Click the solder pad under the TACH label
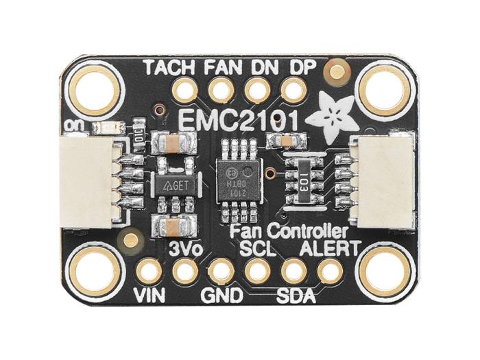tap(184, 91)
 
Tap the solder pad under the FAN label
tap(221, 91)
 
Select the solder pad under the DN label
tap(257, 91)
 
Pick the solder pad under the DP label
tap(293, 91)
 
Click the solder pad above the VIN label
tap(148, 272)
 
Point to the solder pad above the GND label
tap(221, 272)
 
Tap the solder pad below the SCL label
tap(257, 272)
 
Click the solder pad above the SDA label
tap(293, 272)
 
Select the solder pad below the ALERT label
tap(330, 272)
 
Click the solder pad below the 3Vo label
tap(184, 272)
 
